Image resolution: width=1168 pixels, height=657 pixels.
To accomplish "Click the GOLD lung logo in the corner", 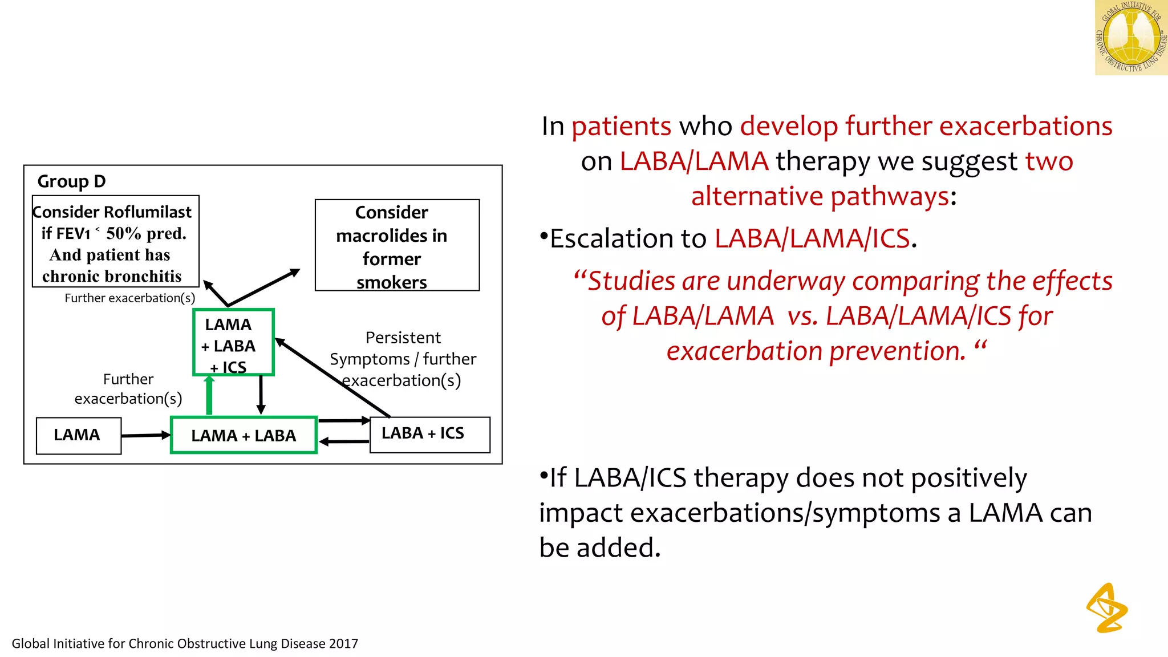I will [1131, 38].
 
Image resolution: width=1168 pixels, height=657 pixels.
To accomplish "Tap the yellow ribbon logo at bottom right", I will [1107, 608].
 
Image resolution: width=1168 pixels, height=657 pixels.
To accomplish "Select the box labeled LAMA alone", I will [78, 435].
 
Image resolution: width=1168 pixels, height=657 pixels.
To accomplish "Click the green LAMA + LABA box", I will [244, 435].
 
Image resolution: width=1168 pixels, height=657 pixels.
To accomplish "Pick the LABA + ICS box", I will [429, 435].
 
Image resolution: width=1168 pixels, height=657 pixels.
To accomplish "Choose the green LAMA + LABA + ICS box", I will [233, 342].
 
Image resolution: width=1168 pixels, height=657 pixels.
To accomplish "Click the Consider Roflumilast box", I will [115, 242].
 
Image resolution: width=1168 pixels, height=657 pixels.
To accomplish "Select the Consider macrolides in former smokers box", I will [397, 245].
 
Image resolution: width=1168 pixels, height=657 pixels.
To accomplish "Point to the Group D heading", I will [71, 181].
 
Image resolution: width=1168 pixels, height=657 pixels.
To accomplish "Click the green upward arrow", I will [209, 395].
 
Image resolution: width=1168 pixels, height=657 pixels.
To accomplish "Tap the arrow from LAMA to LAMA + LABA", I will [145, 435].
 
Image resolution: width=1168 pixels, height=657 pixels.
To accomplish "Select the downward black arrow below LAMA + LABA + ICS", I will [261, 395].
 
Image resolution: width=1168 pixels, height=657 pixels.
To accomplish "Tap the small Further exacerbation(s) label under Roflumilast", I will [129, 298].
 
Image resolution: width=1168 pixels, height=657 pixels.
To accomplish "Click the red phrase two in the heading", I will [1049, 161].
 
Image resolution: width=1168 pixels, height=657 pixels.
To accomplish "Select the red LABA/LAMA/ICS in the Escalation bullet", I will [812, 238].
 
